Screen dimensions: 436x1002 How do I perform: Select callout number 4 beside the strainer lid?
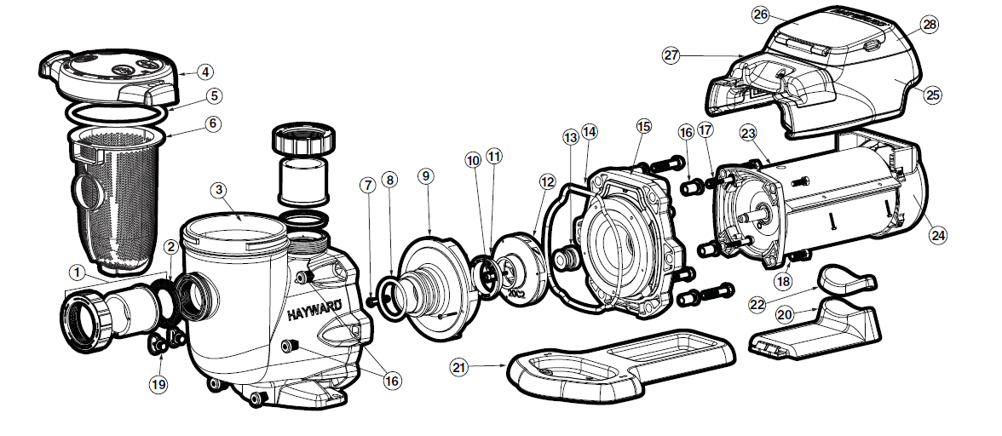tap(205, 71)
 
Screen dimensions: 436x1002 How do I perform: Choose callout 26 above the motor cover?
tap(761, 14)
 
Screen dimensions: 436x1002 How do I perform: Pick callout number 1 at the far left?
tap(77, 272)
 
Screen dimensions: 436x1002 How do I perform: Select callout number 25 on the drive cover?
tap(933, 95)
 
